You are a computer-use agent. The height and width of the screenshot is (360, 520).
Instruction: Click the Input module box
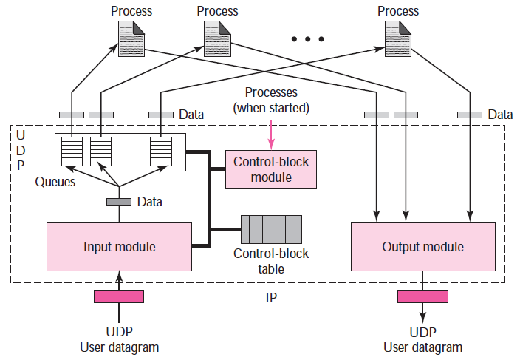119,246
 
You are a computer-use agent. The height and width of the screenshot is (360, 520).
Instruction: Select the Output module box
422,246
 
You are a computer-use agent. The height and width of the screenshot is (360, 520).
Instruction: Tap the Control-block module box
271,169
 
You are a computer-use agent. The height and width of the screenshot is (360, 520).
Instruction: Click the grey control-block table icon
271,229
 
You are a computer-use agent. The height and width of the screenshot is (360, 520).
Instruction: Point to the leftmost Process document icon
131,39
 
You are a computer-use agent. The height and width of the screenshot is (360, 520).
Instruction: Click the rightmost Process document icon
398,39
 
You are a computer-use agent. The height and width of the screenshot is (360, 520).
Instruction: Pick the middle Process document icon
218,39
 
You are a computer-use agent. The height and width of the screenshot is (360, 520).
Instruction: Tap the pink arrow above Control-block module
271,135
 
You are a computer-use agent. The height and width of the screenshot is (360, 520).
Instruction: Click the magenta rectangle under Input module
119,296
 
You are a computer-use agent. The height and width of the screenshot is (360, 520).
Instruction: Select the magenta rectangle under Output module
422,296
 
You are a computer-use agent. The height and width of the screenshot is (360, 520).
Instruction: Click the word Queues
55,182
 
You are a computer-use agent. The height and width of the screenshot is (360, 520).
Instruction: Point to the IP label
271,298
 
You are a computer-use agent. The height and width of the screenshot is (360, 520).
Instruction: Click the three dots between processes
308,39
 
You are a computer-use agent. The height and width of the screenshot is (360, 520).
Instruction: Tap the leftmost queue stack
72,151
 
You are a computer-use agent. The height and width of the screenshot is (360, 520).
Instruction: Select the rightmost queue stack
161,151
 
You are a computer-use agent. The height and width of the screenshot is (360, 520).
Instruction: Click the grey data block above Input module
119,202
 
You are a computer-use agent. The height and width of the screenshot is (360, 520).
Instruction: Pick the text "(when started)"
271,108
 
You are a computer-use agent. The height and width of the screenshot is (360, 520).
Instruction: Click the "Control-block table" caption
271,261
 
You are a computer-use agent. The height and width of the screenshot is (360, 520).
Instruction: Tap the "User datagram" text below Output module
422,347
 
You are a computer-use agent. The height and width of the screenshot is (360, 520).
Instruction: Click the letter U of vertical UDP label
21,135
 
